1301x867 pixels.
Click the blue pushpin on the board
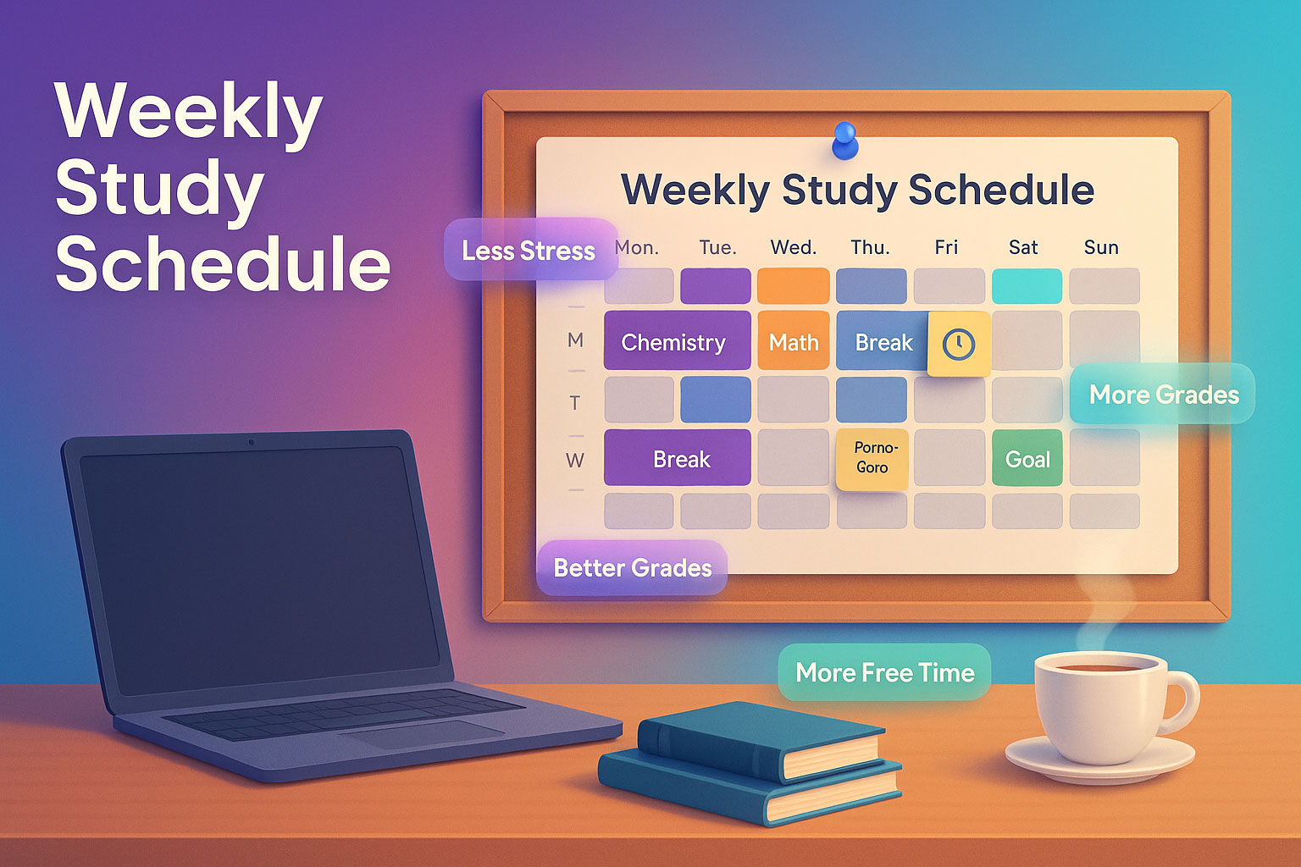click(x=845, y=140)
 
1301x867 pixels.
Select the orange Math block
click(x=794, y=341)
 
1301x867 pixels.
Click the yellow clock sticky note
click(x=959, y=343)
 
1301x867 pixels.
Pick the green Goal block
click(x=1027, y=459)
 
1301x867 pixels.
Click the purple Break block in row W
click(x=677, y=458)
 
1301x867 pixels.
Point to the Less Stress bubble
click(x=529, y=250)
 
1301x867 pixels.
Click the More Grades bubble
click(x=1163, y=394)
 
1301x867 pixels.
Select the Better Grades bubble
click(x=632, y=567)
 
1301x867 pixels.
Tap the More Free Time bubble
click(x=884, y=672)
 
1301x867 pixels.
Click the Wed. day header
click(x=794, y=247)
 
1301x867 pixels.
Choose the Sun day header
click(x=1101, y=247)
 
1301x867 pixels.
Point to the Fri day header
click(x=946, y=247)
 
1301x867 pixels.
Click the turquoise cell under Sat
click(x=1027, y=286)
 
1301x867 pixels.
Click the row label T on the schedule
click(x=575, y=402)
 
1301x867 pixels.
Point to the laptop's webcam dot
click(x=251, y=442)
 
